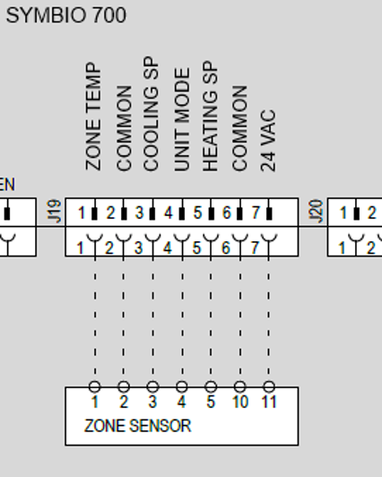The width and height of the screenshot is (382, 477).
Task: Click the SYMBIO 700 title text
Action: point(66,15)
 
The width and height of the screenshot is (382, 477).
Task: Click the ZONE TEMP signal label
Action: point(93,117)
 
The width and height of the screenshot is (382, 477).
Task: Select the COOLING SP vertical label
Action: point(151,114)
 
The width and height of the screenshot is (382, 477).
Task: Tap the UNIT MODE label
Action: point(182,119)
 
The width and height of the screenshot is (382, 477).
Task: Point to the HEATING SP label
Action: point(210,117)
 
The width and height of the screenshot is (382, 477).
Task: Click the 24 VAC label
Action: point(268,141)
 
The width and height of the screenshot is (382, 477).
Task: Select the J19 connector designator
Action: point(55,211)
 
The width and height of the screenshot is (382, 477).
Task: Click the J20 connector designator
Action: point(316,211)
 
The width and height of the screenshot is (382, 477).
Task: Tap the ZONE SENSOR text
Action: point(137,426)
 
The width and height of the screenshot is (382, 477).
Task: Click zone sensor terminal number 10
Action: point(240,403)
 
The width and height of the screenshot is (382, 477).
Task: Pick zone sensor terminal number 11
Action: point(269,403)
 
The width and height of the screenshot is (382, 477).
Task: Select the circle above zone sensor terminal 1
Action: point(95,386)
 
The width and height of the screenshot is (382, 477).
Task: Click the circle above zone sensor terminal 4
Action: point(182,386)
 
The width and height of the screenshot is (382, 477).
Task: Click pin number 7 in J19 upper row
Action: point(256,212)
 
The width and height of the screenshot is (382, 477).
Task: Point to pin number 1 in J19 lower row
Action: point(80,248)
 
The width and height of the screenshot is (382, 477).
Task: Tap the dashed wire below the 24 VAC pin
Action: point(268,319)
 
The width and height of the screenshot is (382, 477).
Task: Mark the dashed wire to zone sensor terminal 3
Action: point(153,319)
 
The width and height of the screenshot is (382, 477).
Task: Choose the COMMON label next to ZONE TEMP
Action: point(124,128)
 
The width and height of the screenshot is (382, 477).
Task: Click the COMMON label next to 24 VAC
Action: point(239,128)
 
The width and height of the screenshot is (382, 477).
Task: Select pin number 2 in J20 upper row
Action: point(371,212)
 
